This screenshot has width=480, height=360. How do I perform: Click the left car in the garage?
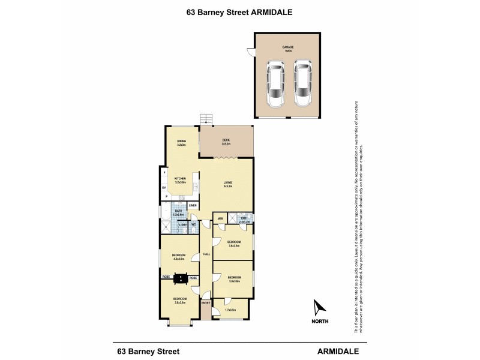277,84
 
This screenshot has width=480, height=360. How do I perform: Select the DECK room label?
226,140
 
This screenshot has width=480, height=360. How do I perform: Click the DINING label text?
181,141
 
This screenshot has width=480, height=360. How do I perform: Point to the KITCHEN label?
179,179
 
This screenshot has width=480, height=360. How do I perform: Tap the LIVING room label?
229,183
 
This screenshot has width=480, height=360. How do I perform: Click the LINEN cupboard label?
193,206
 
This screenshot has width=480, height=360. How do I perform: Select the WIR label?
220,218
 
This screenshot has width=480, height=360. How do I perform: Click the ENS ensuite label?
244,218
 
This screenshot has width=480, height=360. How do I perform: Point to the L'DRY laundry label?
182,224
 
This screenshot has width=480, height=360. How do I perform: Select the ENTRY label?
206,302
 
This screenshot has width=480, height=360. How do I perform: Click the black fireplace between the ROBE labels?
179,278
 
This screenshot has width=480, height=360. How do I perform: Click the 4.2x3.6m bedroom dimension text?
179,259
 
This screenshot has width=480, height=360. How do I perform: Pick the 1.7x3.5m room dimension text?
229,310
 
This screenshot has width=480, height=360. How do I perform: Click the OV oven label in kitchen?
163,187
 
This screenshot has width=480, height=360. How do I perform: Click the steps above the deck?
207,118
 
